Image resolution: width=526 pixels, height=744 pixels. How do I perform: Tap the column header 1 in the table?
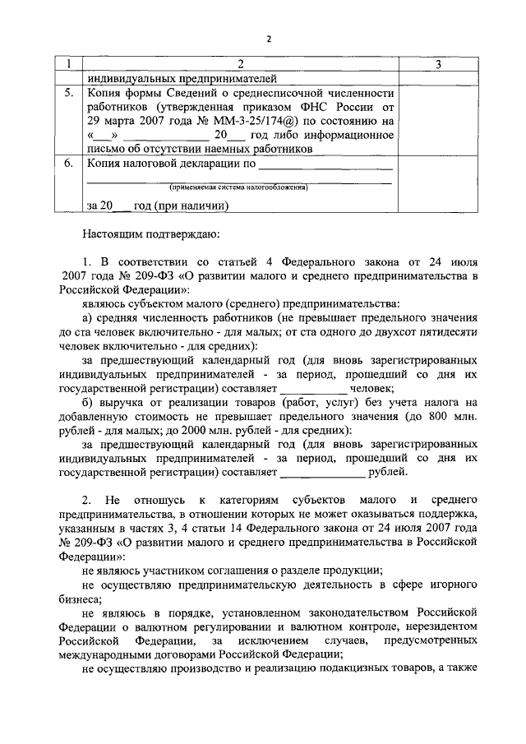(x=70, y=65)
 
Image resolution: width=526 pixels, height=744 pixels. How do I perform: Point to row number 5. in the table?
(x=70, y=94)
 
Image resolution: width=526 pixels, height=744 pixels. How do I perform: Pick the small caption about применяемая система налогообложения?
(x=238, y=187)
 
